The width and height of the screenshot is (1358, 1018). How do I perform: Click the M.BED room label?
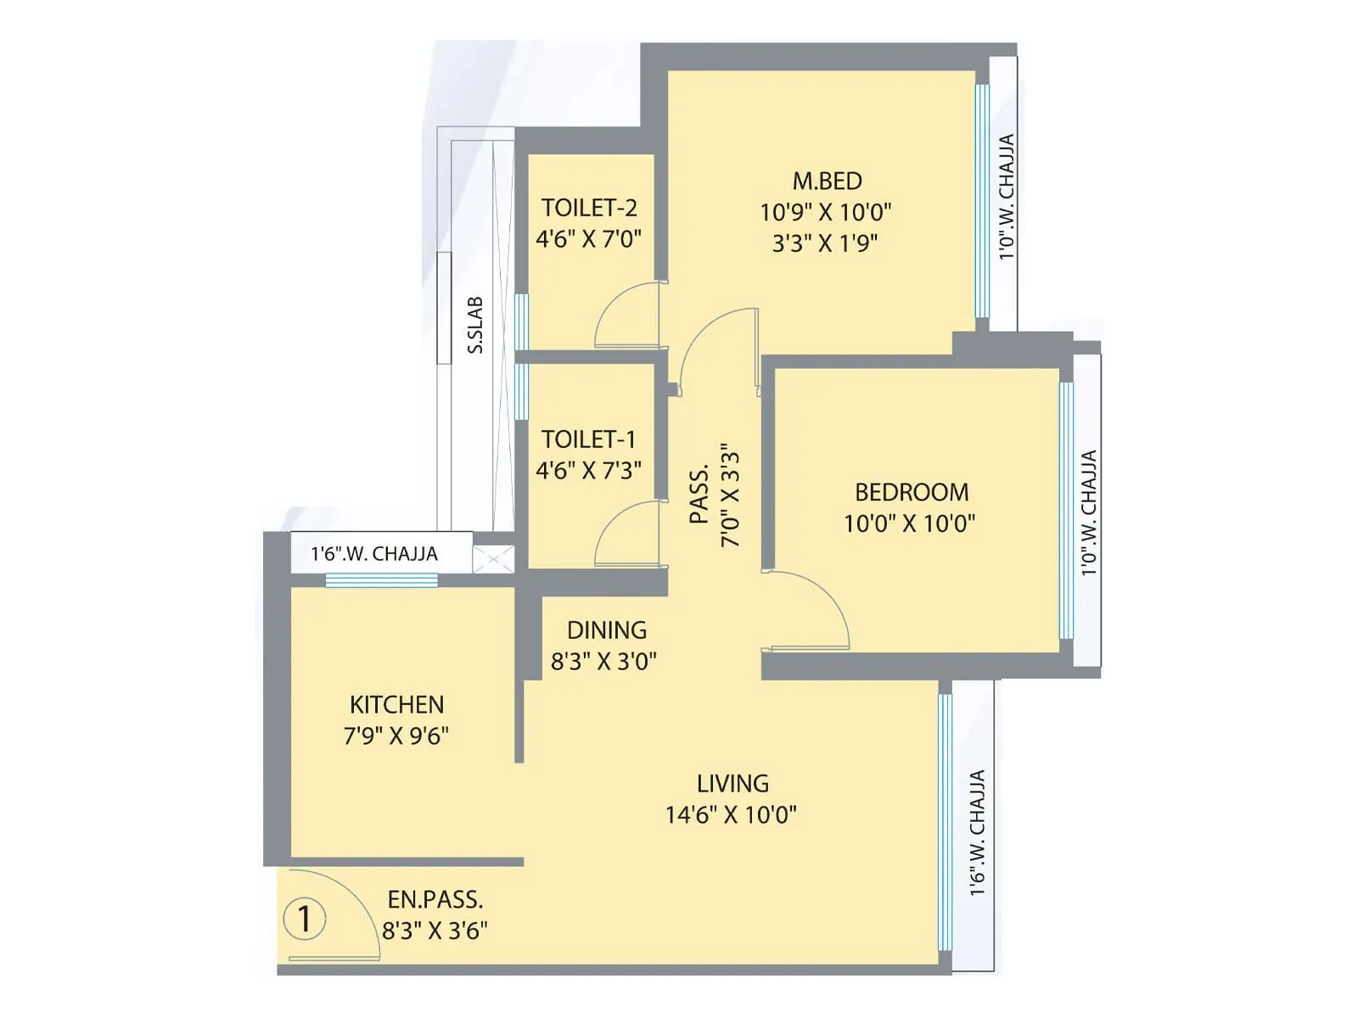pos(827,181)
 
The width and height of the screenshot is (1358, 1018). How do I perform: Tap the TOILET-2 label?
pos(589,208)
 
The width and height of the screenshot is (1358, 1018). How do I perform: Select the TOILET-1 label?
pos(588,439)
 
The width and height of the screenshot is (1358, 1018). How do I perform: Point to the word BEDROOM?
pos(912,492)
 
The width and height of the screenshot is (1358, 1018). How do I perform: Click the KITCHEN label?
pos(396,704)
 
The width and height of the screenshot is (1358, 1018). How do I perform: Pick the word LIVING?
pos(732,783)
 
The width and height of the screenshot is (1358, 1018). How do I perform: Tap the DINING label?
pos(606,630)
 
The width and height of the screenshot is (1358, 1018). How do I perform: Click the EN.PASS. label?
pos(435,899)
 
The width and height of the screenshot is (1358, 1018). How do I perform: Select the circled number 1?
pos(304,918)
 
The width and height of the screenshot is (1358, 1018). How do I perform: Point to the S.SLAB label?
pos(475,325)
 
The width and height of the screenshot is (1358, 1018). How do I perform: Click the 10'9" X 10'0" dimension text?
pos(826,211)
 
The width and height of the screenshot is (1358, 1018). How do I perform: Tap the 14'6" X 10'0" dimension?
pos(731,815)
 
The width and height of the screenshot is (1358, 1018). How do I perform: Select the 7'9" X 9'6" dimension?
pos(396,736)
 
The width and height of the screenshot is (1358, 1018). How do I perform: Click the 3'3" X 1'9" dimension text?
pos(825,243)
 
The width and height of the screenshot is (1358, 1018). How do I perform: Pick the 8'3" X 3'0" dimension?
pos(603,662)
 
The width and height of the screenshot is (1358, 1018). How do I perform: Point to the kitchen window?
pos(381,580)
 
